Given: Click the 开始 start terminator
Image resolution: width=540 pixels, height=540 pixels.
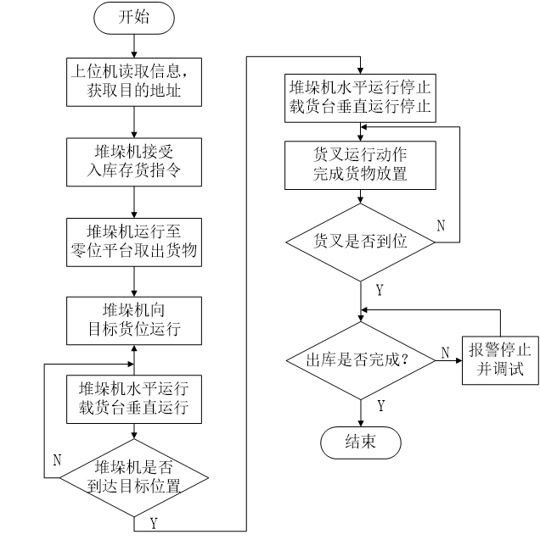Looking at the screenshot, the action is (134, 18).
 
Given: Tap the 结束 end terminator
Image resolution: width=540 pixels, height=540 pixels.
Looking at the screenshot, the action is (360, 443).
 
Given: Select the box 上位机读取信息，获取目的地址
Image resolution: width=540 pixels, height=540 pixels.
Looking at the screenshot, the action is (134, 82).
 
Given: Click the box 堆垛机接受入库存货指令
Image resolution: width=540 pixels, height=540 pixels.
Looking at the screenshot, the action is (134, 162).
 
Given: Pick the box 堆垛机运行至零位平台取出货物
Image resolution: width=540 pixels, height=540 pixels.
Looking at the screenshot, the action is (134, 242).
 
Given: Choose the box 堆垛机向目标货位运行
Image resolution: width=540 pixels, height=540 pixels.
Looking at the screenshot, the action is (134, 321).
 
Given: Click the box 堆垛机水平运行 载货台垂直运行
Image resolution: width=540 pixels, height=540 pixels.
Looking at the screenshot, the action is (134, 399).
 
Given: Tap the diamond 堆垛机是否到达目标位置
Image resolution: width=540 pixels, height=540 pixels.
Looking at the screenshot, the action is (134, 477).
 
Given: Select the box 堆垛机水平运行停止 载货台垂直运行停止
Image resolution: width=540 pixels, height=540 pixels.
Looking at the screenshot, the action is (360, 98).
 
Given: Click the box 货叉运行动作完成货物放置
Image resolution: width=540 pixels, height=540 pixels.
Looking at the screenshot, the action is (360, 165).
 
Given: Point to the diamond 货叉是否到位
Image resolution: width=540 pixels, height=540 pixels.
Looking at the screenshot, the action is (360, 242).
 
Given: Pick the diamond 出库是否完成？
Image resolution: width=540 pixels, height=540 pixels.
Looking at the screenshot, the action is (361, 360).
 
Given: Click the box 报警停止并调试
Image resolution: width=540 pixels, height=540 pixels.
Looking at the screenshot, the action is (500, 360).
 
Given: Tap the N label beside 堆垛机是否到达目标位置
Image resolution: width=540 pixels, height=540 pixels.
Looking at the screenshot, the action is (57, 459).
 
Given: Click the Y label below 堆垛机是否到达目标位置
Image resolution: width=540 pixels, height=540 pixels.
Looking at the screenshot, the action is (154, 524).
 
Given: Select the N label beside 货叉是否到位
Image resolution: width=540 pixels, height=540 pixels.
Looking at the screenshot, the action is (441, 225).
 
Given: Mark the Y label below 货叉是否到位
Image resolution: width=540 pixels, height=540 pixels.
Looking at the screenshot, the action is (380, 290).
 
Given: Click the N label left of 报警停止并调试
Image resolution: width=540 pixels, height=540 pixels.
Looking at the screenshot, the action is (446, 353).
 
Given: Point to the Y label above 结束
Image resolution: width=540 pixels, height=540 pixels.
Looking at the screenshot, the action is (380, 406).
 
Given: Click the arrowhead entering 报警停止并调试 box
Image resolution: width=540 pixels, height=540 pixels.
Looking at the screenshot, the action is (459, 360).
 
